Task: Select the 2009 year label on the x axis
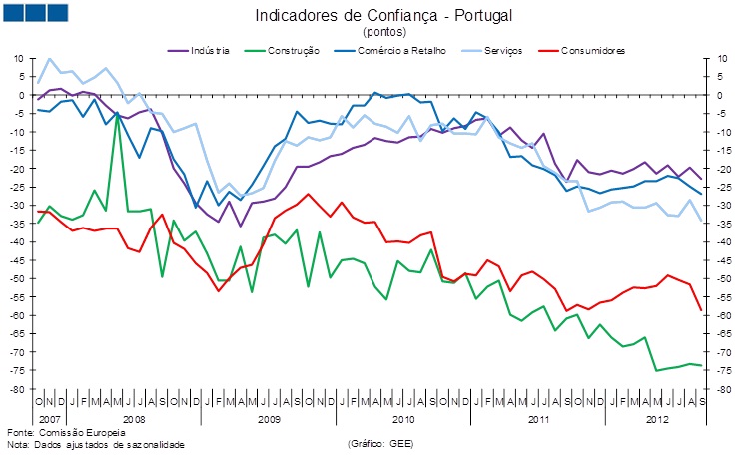[x=268, y=418]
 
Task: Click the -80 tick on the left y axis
[x=17, y=389]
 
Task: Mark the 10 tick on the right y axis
[x=721, y=58]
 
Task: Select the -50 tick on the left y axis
[x=17, y=278]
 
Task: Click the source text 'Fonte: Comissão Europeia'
[x=66, y=432]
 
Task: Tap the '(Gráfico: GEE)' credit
[x=379, y=444]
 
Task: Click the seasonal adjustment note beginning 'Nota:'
[x=96, y=444]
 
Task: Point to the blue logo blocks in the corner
[x=35, y=12]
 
